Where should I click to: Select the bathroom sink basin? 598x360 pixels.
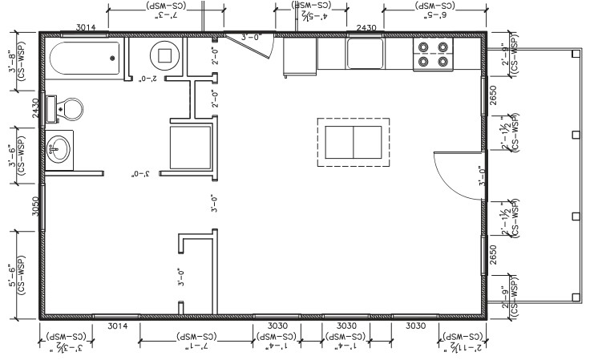point(59,148)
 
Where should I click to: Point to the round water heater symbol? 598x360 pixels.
point(168,56)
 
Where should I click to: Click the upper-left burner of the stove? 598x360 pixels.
point(422,48)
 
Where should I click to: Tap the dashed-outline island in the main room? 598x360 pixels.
point(354,141)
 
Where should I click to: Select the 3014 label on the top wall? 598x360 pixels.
point(87,27)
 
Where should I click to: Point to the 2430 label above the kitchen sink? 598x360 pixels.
point(366,27)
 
